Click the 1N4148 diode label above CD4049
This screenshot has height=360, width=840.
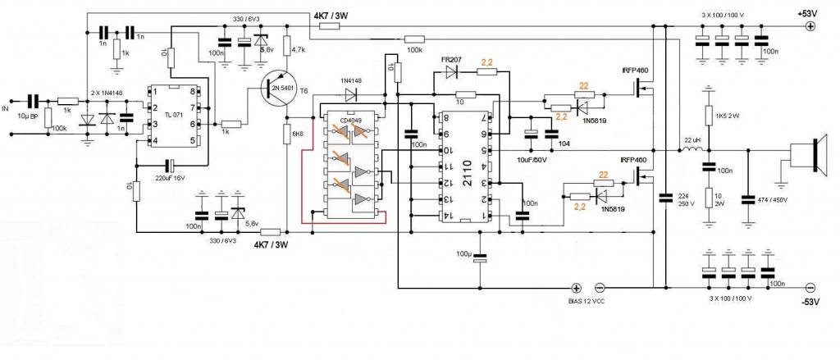pyautogui.click(x=354, y=81)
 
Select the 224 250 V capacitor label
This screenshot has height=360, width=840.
pyautogui.click(x=685, y=199)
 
